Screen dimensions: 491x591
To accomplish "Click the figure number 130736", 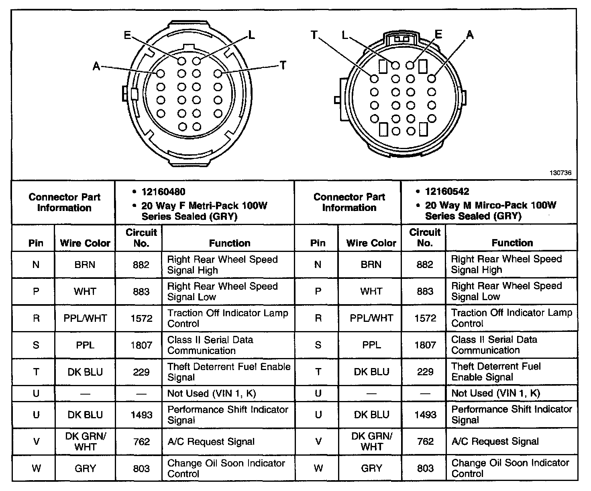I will (560, 173).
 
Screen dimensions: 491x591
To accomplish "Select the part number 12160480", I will (163, 192).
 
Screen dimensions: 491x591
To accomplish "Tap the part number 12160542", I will (447, 192).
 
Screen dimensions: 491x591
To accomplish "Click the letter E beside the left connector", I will (127, 35).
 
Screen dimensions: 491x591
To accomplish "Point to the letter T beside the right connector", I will (314, 35).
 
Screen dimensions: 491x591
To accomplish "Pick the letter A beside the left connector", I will (96, 66).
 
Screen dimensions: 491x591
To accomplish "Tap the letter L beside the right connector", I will (345, 35).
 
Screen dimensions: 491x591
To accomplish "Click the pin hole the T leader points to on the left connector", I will (218, 74).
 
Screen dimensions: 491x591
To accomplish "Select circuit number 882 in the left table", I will (141, 265).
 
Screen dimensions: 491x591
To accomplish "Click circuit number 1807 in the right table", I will (425, 345).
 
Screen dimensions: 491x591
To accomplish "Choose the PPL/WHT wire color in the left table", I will (85, 318).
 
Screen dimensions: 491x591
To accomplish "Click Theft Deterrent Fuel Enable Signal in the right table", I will (496, 372).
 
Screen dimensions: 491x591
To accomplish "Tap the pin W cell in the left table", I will (36, 468).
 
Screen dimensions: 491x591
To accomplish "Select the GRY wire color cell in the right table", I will (371, 468).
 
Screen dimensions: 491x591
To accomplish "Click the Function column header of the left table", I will (229, 243).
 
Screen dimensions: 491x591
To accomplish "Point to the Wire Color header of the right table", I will (371, 243).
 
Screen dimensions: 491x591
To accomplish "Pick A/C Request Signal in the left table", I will (211, 442).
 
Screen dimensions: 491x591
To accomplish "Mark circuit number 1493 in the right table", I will (425, 414).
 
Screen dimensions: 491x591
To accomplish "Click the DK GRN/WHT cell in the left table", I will (85, 441).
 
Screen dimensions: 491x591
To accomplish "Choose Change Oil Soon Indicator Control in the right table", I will (510, 468).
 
